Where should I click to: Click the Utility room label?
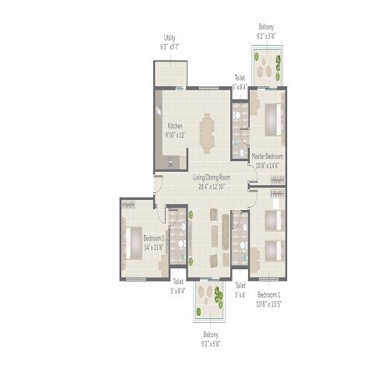(170, 38)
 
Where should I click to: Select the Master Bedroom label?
(267, 156)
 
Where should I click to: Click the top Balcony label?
(266, 26)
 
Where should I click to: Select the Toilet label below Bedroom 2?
(179, 286)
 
